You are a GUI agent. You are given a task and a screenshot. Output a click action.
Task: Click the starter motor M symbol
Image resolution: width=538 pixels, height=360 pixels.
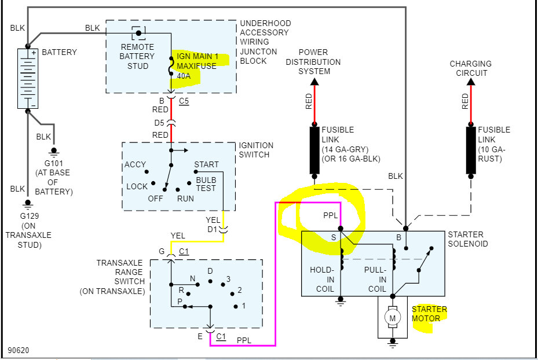393,318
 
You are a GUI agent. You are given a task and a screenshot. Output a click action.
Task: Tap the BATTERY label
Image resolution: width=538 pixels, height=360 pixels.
60,52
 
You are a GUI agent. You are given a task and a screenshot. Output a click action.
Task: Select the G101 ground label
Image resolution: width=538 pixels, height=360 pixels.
52,164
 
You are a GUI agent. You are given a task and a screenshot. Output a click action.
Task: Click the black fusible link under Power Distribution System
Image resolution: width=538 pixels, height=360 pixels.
315,150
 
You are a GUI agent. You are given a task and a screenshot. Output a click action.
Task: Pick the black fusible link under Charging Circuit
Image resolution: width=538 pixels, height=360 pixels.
470,150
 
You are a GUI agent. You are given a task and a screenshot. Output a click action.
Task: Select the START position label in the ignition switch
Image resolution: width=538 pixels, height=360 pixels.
206,165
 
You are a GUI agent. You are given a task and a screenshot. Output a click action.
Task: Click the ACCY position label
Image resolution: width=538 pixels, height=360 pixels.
135,165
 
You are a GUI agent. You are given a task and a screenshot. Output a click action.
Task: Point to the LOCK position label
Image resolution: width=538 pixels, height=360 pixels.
137,186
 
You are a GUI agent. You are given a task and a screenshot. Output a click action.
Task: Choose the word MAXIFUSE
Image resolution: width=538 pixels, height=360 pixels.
196,66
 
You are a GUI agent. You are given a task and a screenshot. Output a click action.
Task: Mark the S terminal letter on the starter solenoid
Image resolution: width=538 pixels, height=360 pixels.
333,238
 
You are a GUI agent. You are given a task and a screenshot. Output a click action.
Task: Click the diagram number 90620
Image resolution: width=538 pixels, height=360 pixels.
19,350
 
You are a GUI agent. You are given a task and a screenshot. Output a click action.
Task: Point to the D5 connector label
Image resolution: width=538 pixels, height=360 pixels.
159,123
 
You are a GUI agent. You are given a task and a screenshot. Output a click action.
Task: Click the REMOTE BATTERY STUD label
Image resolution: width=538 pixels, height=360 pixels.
137,57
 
